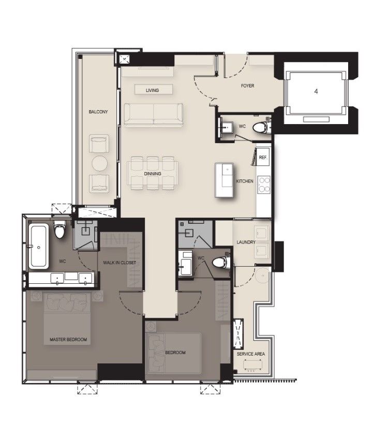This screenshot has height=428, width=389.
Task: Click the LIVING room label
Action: (x=152, y=90)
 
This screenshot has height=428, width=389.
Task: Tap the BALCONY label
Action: (x=98, y=112)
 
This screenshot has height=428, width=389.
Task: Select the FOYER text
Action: (x=247, y=86)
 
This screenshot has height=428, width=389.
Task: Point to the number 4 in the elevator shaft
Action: (x=316, y=91)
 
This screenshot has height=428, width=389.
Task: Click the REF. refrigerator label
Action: (x=263, y=158)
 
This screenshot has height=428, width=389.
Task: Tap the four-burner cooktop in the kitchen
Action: (x=264, y=185)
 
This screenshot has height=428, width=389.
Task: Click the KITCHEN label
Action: (x=245, y=181)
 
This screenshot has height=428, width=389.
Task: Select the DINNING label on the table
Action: (x=153, y=174)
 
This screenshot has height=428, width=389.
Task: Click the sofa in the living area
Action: (x=153, y=115)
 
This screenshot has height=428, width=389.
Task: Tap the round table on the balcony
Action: (x=99, y=163)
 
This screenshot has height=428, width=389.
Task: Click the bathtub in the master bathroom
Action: (x=38, y=246)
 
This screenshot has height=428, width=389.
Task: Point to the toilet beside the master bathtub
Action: (x=60, y=230)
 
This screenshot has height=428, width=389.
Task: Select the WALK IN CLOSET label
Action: (x=119, y=263)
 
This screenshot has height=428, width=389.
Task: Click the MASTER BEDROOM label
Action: (x=68, y=340)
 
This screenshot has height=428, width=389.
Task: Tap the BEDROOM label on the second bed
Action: (x=175, y=353)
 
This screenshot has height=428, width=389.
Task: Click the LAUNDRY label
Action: (x=246, y=242)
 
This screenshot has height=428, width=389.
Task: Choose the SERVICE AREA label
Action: (x=251, y=354)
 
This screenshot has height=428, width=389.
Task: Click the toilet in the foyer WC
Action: (x=261, y=127)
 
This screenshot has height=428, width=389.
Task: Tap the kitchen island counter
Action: (x=225, y=180)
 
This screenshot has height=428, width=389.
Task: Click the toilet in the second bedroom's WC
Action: (x=221, y=262)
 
